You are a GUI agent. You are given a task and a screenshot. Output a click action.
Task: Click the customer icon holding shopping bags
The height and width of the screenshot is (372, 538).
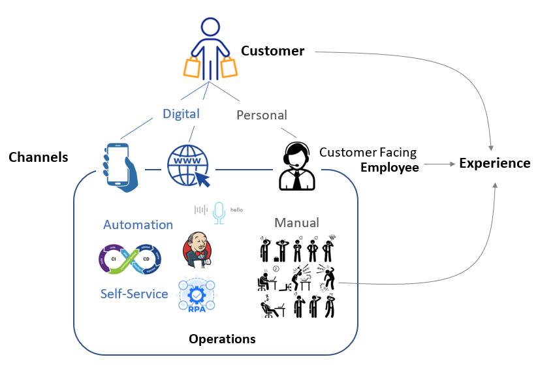(210, 49)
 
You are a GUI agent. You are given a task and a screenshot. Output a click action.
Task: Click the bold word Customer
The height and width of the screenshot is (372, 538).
(272, 51)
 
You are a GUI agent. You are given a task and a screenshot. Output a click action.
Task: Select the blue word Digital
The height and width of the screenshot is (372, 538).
(181, 114)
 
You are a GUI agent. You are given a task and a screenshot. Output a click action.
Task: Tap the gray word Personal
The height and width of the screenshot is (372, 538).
(261, 115)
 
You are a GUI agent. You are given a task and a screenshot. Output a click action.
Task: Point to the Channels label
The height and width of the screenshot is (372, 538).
(39, 157)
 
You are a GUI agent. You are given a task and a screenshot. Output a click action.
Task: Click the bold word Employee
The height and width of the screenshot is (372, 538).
(390, 168)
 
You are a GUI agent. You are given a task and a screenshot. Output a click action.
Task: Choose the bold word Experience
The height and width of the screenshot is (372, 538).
(494, 163)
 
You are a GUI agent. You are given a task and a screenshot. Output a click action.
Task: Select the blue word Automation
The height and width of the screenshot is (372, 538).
(138, 225)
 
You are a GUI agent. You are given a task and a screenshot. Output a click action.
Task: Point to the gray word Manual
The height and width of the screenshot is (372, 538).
(296, 223)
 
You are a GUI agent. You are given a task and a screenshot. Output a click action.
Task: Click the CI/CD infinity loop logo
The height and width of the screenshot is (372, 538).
(134, 258)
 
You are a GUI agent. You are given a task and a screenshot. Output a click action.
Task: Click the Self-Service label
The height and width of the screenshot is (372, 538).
(134, 294)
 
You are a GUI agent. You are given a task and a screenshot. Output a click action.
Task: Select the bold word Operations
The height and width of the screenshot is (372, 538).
(222, 339)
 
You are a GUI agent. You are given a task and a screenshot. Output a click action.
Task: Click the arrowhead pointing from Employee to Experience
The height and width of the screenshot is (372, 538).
(452, 164)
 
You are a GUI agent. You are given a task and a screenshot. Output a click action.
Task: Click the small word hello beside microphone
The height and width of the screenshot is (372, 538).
(236, 211)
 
